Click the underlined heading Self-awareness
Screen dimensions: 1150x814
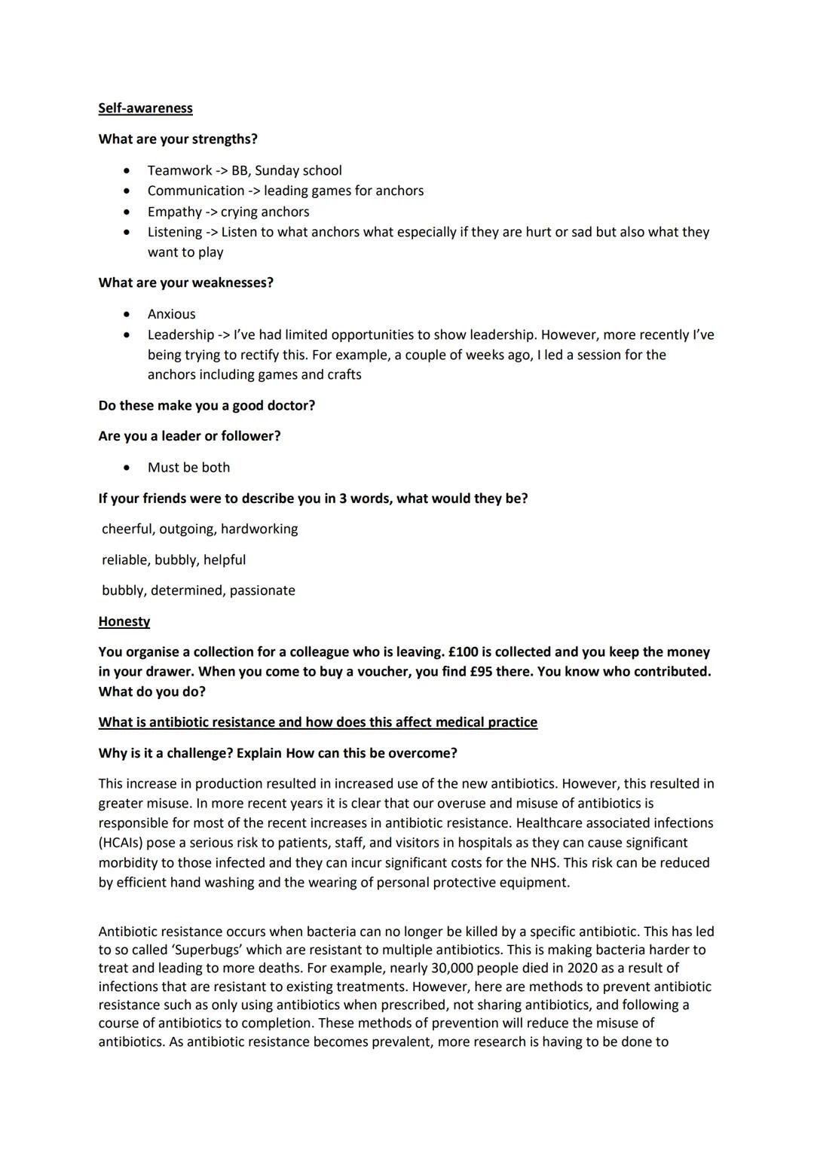145,108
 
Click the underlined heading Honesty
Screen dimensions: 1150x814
124,621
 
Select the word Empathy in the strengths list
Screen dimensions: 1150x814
174,212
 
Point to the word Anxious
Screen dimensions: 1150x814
171,314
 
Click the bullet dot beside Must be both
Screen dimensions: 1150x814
127,468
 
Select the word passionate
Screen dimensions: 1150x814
262,590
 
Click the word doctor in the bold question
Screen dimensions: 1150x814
289,405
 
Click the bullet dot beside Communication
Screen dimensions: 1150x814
127,191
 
